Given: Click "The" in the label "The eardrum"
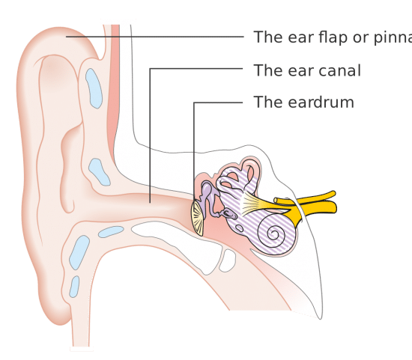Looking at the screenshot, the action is point(269,102).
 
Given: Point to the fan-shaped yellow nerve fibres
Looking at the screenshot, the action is point(252,203).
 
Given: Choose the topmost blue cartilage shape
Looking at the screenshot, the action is point(94,88).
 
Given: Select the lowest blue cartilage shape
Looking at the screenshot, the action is point(74,287).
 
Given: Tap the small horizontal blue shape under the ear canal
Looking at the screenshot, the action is point(111,232).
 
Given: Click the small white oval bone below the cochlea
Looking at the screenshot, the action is point(228,260).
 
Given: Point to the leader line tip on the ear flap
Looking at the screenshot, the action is point(66,37).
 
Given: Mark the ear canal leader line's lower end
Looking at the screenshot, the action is point(150,202).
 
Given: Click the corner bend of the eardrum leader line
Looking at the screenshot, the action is point(194,103).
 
